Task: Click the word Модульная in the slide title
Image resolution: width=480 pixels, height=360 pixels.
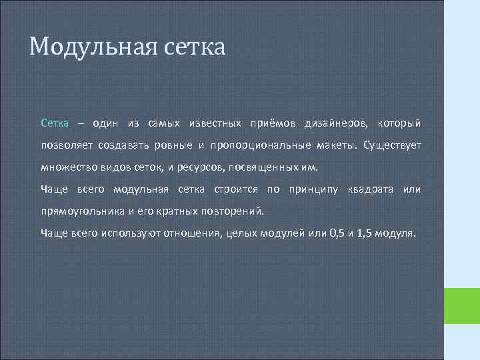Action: point(91,47)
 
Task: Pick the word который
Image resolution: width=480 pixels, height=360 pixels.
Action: point(399,123)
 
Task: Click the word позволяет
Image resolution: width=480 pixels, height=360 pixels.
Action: point(67,145)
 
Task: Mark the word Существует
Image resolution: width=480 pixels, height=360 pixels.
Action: point(393,145)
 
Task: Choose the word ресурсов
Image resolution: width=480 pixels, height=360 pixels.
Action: point(199,167)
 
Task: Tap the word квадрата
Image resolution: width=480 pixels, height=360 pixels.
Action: point(371,189)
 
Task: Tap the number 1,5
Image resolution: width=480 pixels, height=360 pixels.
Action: point(365,234)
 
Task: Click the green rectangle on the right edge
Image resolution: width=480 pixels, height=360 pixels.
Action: point(461,306)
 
